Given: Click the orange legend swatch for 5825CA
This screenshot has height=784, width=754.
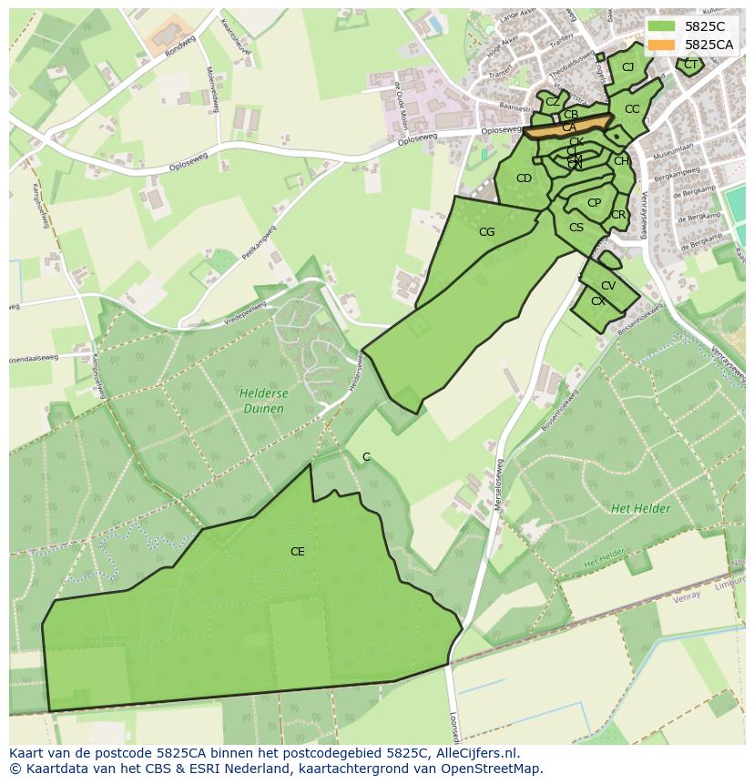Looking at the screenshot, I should pos(662,45).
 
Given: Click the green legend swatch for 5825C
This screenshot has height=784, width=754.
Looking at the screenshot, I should pos(662,26).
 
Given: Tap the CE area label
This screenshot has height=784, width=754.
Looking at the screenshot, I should pos(297,552).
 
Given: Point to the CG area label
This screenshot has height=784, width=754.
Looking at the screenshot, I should pos(486,232).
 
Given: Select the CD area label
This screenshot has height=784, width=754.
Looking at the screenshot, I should pos(524,178).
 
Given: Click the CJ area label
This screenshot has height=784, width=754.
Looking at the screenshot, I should pos(627,67).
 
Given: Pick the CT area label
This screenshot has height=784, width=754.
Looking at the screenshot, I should pos(690,65).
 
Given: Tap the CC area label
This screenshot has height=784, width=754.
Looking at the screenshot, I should pos(632,109).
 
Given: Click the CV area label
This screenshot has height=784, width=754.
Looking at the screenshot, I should pos(608,286).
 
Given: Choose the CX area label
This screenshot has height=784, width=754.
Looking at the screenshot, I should pos(597,301).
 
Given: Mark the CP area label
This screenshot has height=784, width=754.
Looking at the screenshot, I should pos(594,203).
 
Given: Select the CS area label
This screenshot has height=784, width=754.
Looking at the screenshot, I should pos(576,228).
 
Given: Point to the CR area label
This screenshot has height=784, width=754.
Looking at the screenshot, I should pos(618,216).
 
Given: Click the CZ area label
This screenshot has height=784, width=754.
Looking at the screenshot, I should pos(553,102).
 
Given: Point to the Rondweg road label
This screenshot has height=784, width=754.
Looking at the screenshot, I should pos(180,47).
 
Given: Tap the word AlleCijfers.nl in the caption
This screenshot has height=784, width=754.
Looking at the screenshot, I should pos(475,753).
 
